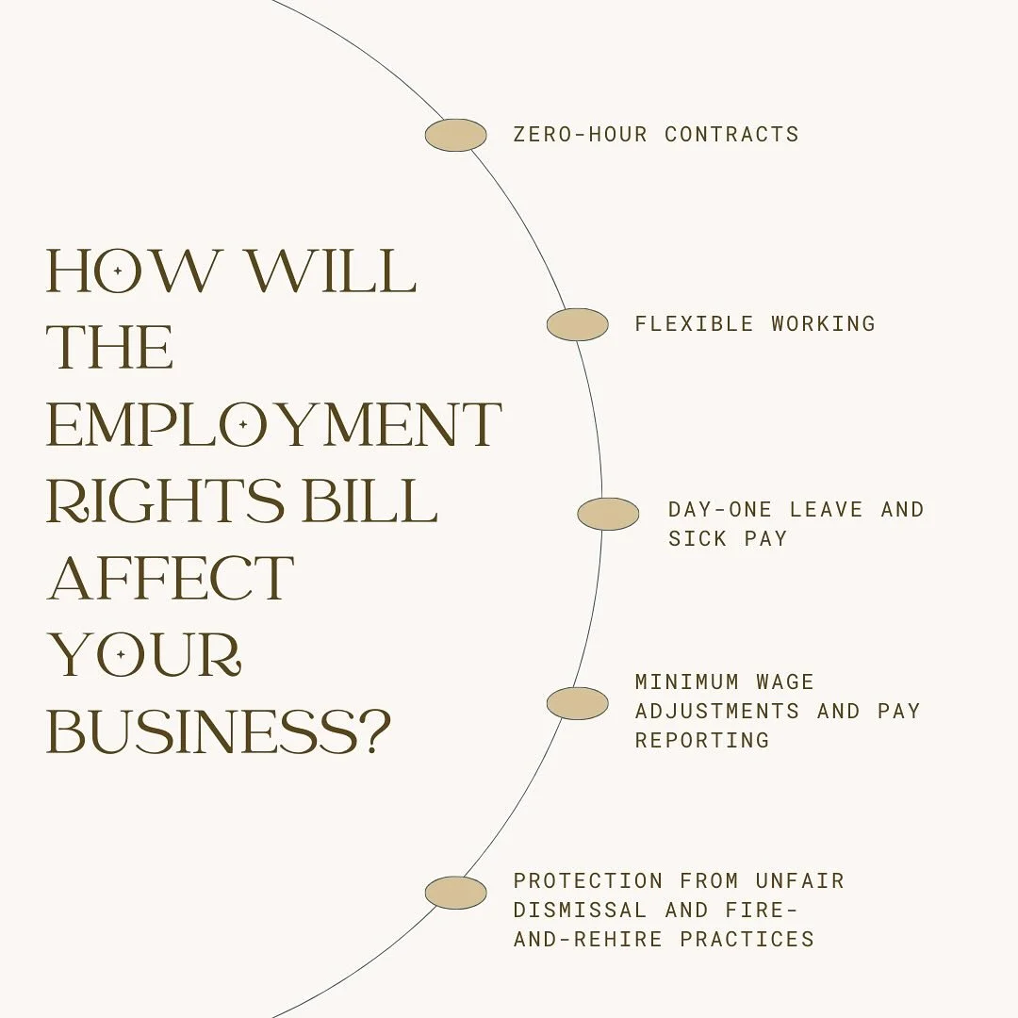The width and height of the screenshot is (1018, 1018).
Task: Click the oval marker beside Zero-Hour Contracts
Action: [455, 135]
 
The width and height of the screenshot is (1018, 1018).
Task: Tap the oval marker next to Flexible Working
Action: [577, 324]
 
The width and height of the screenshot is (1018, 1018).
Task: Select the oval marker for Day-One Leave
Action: [608, 514]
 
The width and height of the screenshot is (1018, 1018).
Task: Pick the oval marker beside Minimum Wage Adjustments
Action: [577, 703]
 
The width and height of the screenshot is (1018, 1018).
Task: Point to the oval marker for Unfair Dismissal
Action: [455, 893]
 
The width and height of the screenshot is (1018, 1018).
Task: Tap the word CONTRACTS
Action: [731, 134]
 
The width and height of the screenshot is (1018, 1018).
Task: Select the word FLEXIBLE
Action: [694, 323]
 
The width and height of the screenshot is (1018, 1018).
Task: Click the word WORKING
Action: [823, 323]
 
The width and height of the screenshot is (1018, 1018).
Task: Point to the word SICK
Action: [698, 538]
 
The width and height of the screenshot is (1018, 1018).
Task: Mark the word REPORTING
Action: [701, 740]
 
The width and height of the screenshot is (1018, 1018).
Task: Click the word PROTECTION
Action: [588, 881]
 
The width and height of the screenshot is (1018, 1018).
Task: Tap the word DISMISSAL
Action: [580, 911]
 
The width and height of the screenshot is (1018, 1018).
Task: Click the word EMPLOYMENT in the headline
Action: [273, 425]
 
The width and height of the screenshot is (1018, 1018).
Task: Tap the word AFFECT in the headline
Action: [170, 577]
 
